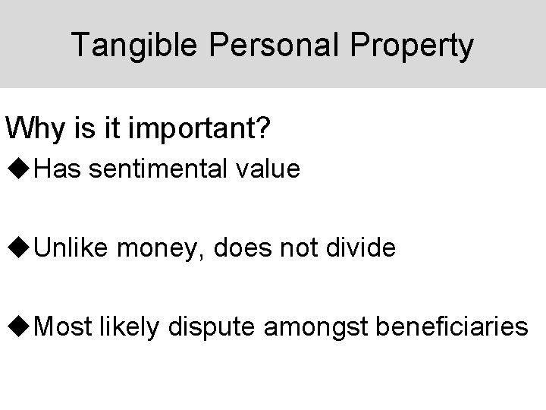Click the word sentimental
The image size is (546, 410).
(x=155, y=169)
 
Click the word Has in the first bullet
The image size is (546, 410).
(x=58, y=169)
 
